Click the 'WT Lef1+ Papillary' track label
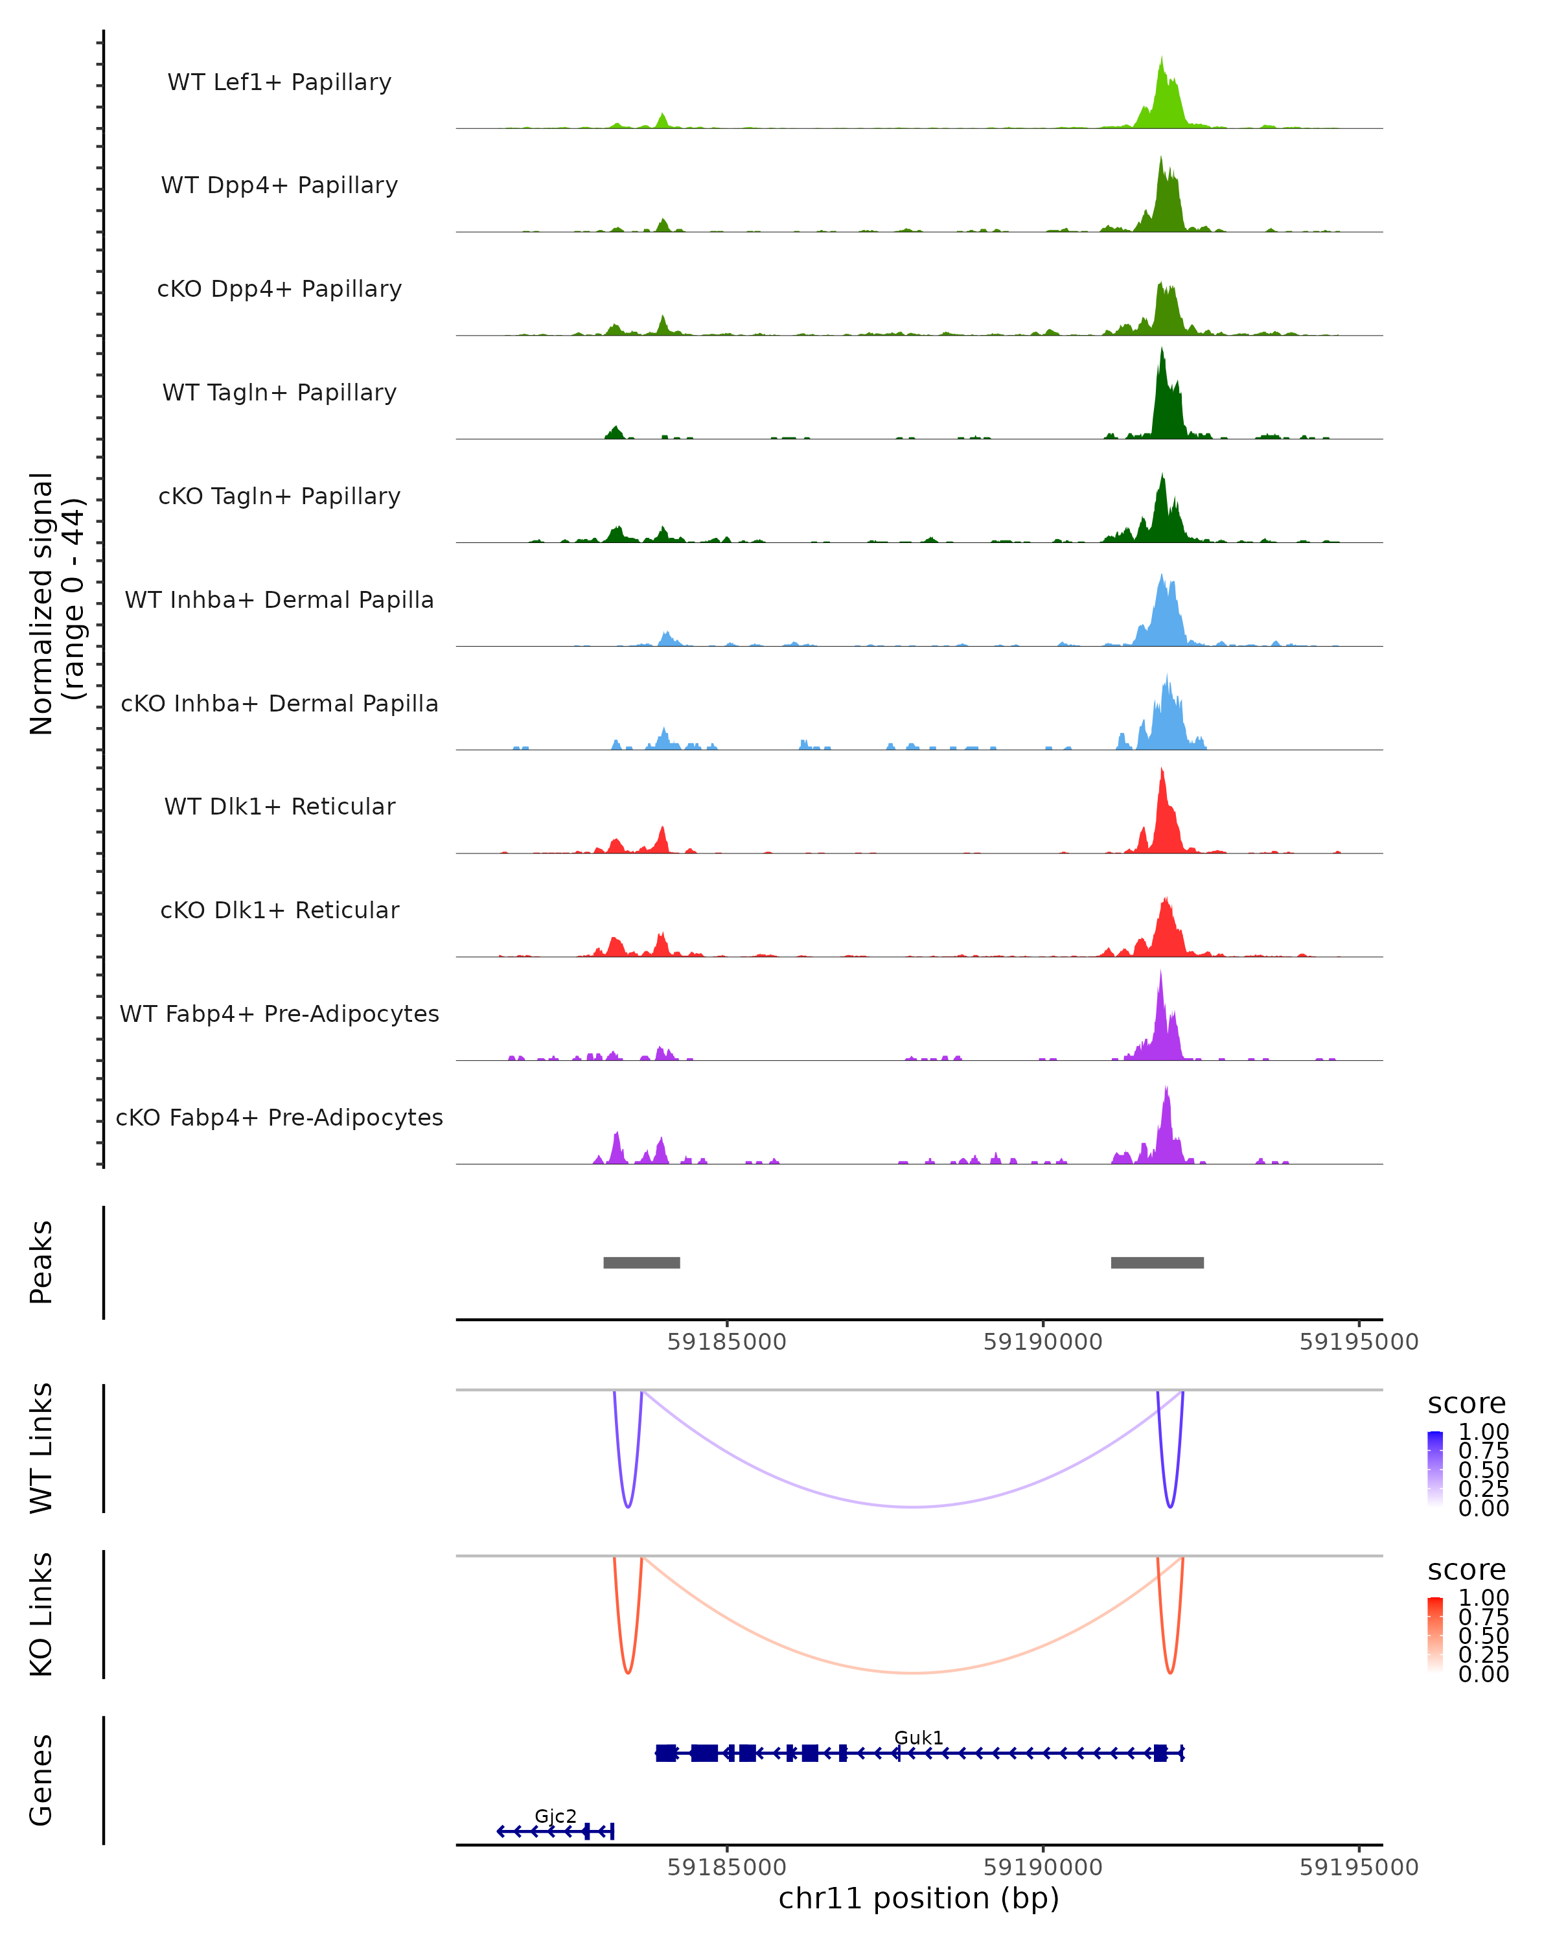click(x=279, y=82)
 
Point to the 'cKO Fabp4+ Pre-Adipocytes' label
click(x=279, y=1117)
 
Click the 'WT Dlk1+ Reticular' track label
click(x=279, y=806)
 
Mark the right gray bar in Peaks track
click(x=1157, y=1262)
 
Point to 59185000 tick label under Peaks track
click(x=726, y=1342)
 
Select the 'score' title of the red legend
click(x=1467, y=1570)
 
